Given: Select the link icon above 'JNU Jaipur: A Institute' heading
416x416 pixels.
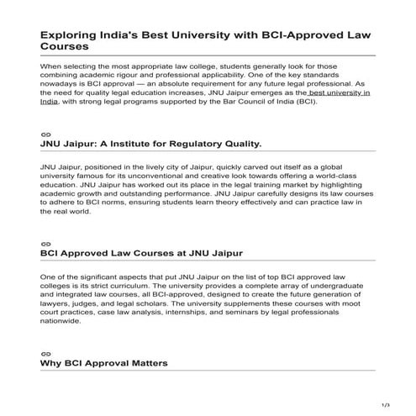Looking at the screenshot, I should click(x=45, y=134).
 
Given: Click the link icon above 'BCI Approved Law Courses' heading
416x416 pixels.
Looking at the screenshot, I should click(x=45, y=243).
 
